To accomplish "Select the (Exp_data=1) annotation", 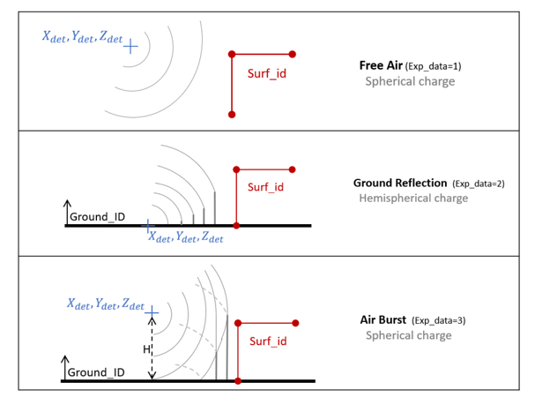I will point(433,66).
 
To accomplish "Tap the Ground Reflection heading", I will point(400,183).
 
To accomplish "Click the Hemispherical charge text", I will point(413,199).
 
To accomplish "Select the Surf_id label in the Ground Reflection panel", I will point(265,187).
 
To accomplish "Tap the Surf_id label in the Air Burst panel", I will point(268,341).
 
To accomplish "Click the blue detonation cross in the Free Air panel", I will point(130,46).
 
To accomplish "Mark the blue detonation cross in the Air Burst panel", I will point(152,311).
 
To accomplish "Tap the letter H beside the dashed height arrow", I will point(146,350).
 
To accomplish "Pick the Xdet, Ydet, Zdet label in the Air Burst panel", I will point(106,304).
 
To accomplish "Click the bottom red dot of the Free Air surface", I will point(232,115).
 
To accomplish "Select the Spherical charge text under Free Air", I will point(410,81).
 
